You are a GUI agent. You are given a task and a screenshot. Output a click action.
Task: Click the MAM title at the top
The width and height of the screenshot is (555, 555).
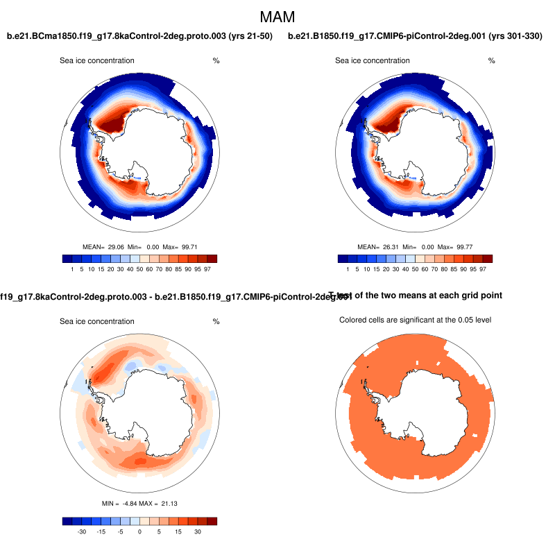(277, 16)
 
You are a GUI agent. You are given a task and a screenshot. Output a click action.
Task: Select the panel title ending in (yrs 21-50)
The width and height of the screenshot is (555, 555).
(139, 35)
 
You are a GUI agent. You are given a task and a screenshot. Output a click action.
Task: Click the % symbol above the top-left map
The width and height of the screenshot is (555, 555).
(216, 61)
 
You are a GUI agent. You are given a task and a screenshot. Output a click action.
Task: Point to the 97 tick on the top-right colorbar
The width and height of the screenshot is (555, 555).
(482, 268)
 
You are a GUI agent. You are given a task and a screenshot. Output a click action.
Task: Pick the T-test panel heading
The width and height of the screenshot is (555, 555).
(416, 296)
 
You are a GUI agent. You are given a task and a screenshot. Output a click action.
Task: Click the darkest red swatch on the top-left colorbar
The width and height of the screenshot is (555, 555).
(212, 259)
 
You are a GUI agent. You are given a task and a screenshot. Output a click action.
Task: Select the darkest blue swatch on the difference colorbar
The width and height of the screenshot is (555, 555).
(67, 521)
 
